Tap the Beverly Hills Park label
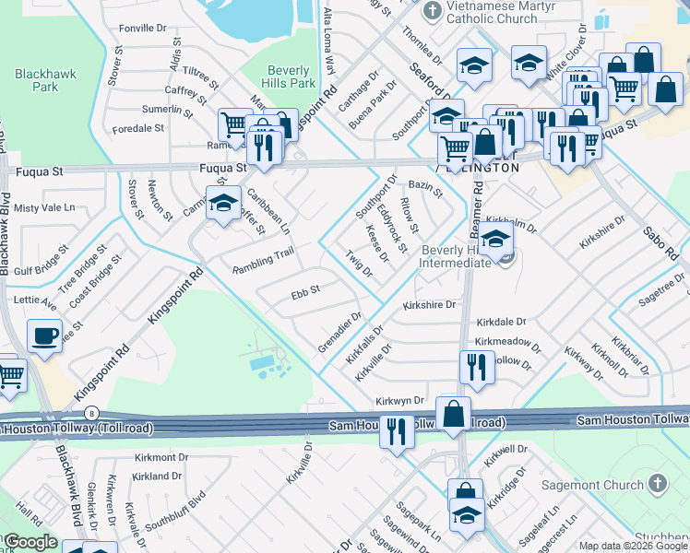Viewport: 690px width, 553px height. pos(291,76)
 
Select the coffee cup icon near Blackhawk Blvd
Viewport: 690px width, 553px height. pos(44,337)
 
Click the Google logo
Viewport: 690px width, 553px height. pos(30,543)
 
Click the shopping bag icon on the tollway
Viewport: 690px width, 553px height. pos(454,415)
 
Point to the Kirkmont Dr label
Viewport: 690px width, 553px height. pos(161,457)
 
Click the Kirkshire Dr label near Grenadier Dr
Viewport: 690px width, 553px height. pos(429,305)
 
